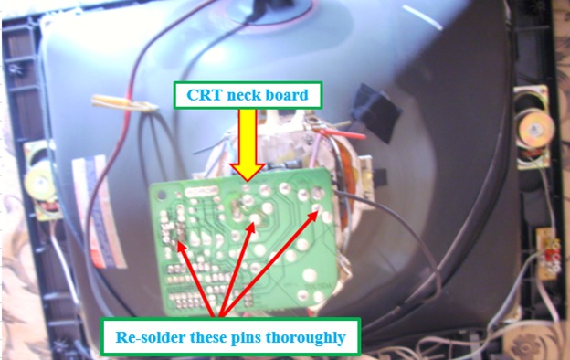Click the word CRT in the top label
click(203, 93)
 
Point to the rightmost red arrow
click(274, 260)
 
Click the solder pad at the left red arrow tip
click(179, 239)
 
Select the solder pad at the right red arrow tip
click(320, 217)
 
